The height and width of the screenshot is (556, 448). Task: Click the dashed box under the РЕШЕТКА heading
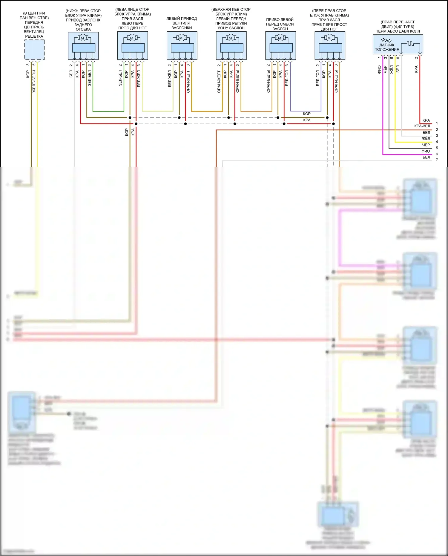tap(34, 50)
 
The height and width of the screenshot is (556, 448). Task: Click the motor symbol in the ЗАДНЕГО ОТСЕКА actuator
tap(82, 38)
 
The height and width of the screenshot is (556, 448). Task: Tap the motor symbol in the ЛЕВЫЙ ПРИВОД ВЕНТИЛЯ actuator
tap(181, 38)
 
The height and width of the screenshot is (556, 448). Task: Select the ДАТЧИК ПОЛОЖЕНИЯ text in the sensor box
tap(387, 47)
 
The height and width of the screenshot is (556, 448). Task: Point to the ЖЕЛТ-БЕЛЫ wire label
tap(34, 81)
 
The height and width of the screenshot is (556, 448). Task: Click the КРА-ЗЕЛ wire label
tap(422, 126)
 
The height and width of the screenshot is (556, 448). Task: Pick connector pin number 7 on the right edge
tap(437, 160)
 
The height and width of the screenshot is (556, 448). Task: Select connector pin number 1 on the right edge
tap(437, 123)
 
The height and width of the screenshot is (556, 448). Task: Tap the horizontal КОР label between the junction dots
tap(307, 114)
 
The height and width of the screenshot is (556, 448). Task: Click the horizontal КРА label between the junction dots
tap(307, 120)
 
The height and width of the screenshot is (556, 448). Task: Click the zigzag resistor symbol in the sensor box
tap(386, 40)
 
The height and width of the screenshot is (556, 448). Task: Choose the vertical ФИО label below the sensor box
tap(379, 69)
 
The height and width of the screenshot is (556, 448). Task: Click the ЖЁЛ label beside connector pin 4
tap(426, 139)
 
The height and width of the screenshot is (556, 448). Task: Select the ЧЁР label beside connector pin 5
tap(426, 145)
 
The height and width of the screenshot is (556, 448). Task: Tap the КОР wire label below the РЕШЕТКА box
tap(27, 74)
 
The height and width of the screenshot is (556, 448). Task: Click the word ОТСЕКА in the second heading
tap(83, 29)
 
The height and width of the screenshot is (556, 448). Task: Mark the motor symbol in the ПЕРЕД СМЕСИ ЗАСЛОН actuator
tap(280, 38)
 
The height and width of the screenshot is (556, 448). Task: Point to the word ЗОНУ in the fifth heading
tap(223, 28)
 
